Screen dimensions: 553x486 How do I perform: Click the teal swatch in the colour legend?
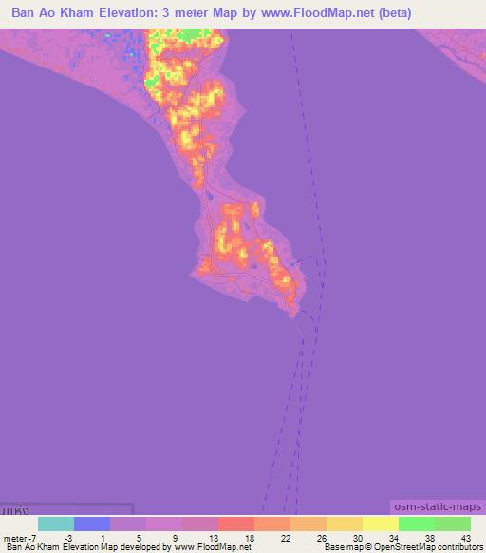pyautogui.click(x=56, y=524)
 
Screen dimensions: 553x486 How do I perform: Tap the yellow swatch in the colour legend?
pyautogui.click(x=381, y=524)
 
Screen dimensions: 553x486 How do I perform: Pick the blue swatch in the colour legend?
pyautogui.click(x=92, y=524)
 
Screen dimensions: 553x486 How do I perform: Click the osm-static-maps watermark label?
pyautogui.click(x=435, y=509)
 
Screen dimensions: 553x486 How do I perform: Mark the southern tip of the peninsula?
pyautogui.click(x=294, y=315)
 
